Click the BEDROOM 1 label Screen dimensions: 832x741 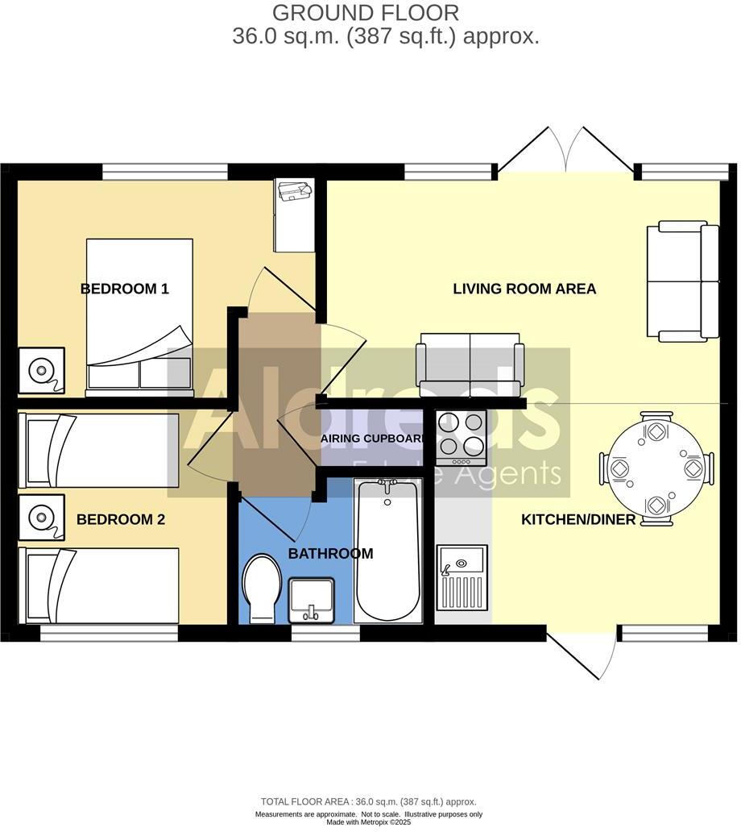coord(125,289)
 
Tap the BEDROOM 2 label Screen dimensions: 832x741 coord(121,520)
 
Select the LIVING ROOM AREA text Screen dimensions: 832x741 coord(524,289)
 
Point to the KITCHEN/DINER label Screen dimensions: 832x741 coord(578,520)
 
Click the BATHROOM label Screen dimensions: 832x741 coord(330,554)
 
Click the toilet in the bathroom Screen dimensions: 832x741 coord(262,587)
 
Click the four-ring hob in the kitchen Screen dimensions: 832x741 coord(461,437)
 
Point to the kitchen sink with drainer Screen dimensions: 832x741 coord(462,577)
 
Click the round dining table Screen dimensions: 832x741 coord(656,468)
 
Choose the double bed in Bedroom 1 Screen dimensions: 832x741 coord(139,315)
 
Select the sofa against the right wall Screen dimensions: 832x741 coord(683,281)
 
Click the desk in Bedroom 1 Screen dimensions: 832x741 coord(293,214)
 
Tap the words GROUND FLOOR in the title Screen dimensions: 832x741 coord(366,13)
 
